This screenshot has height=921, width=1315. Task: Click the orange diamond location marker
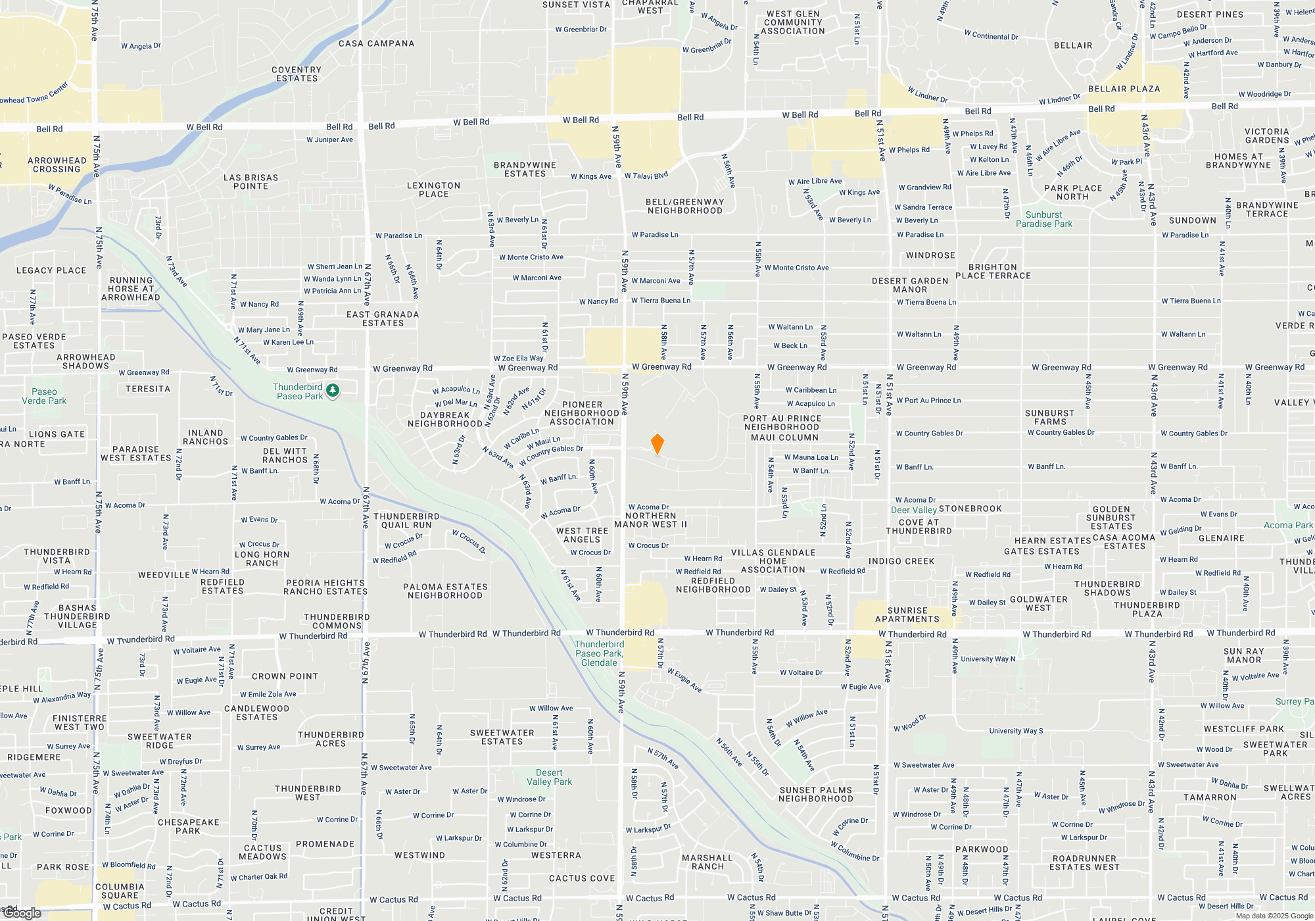(x=657, y=444)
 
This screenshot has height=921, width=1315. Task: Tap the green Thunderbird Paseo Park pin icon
(x=333, y=391)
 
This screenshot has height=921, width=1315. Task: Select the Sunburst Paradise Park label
(x=1043, y=220)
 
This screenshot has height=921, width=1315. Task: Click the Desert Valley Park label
(x=549, y=778)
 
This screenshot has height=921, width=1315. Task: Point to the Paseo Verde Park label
(x=44, y=396)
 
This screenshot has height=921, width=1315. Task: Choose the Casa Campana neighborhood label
(x=377, y=43)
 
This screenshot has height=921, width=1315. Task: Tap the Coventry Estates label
(x=297, y=74)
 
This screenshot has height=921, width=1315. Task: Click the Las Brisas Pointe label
(x=251, y=182)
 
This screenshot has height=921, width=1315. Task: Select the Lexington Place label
(x=433, y=190)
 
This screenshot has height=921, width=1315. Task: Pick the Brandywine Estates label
(x=525, y=170)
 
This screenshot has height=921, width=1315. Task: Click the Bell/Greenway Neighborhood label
(x=684, y=207)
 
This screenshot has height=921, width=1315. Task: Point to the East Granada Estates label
(x=383, y=319)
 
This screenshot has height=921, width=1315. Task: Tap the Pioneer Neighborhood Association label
(x=582, y=414)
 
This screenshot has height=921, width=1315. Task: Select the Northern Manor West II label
(x=650, y=520)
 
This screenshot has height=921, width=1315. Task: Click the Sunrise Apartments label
(x=907, y=615)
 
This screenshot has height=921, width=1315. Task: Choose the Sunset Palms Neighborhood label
(x=815, y=795)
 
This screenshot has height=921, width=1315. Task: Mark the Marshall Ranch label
(x=707, y=862)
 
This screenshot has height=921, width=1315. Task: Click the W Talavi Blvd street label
(x=646, y=176)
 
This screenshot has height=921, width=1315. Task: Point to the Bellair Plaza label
(x=1124, y=89)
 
